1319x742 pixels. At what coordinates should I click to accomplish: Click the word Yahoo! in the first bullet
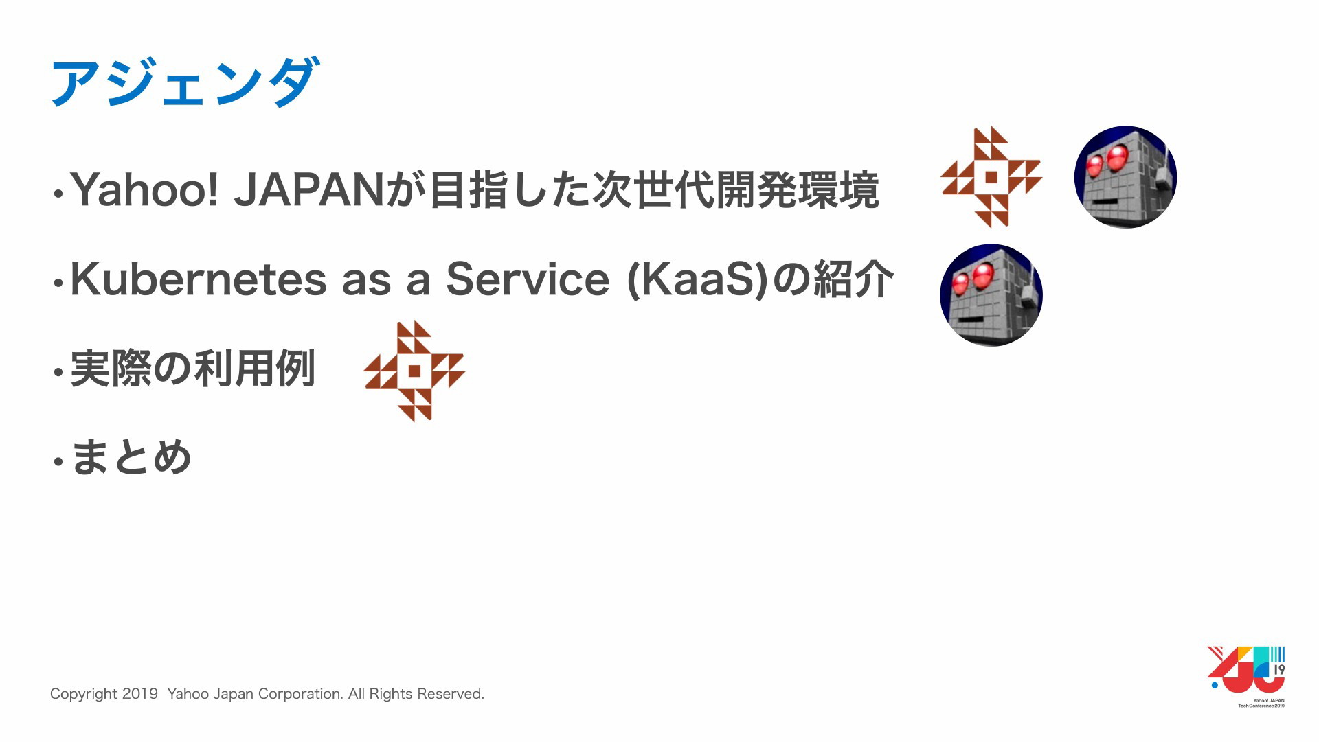click(x=144, y=189)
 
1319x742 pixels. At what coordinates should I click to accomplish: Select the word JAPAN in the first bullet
click(x=308, y=189)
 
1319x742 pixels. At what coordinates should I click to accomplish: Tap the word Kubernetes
click(x=199, y=279)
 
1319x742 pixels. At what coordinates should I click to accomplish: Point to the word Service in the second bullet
click(x=528, y=279)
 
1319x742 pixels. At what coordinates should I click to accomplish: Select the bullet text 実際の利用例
click(x=193, y=369)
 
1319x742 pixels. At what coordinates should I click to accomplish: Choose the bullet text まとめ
click(x=131, y=457)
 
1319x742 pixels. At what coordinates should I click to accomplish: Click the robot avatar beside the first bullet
click(x=1125, y=177)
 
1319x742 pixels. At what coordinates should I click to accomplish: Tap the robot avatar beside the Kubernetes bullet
click(x=991, y=295)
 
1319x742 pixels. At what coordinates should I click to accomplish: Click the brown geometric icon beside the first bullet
click(x=991, y=177)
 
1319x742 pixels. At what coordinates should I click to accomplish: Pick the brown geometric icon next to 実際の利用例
click(x=414, y=371)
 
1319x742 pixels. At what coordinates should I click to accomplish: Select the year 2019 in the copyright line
click(x=140, y=694)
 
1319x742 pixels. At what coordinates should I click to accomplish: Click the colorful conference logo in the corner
click(x=1246, y=676)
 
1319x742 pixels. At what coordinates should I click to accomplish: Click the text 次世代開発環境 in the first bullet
click(x=736, y=189)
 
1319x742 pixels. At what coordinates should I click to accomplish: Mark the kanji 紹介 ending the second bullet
click(x=853, y=279)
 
